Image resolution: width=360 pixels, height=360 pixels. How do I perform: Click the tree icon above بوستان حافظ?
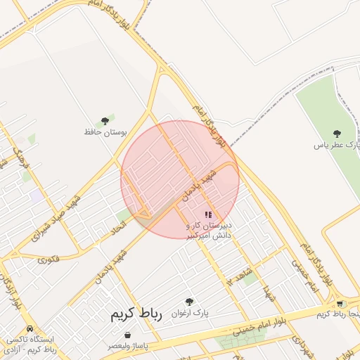point(105,121)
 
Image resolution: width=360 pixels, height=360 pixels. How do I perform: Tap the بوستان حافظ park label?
point(103,132)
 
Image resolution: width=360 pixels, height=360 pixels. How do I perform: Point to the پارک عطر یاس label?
point(337,144)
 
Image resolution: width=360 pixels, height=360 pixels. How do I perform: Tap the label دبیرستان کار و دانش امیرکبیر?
point(210,231)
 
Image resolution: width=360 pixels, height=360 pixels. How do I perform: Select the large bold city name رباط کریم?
point(136,314)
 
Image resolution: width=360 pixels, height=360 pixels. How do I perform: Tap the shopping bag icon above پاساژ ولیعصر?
point(127,335)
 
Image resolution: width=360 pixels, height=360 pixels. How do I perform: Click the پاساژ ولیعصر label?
point(127,347)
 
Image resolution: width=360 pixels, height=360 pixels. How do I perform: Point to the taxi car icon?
point(30,328)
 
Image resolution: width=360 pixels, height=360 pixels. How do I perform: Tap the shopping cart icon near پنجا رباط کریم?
point(341,303)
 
